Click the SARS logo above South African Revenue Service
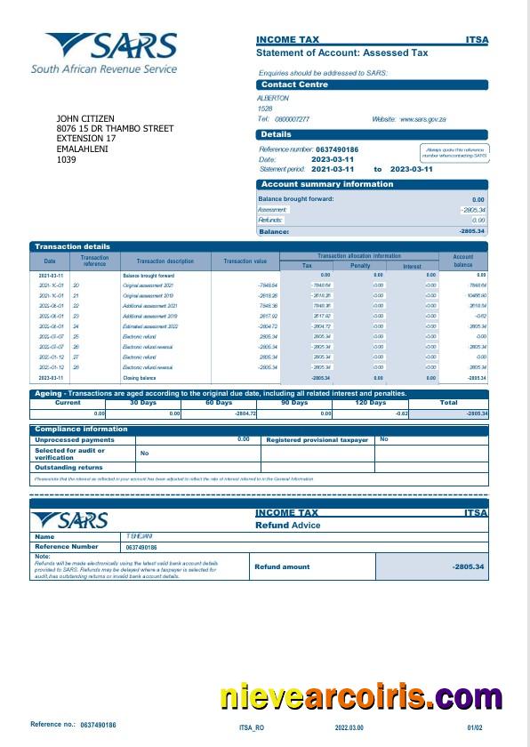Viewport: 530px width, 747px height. point(111,46)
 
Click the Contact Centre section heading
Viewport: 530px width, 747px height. point(294,84)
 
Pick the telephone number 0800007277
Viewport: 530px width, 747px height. point(292,119)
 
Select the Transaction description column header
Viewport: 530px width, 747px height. point(165,261)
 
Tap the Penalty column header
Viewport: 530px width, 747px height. point(360,266)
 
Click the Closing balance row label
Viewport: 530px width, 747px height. point(140,378)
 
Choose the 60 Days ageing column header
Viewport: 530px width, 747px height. point(219,403)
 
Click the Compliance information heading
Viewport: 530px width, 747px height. point(81,430)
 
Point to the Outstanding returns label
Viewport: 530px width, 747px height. point(68,467)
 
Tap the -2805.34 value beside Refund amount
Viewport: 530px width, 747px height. point(467,566)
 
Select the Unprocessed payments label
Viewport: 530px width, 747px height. point(74,439)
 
